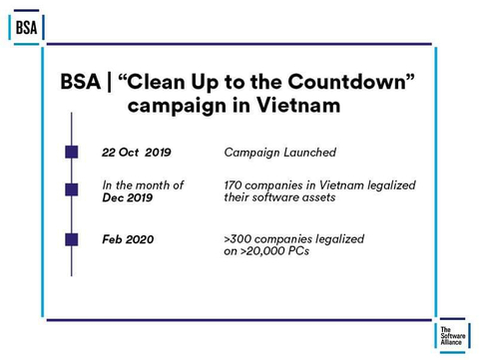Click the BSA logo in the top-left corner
tap(27, 27)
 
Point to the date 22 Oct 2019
tap(137, 153)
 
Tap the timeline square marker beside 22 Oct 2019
tap(72, 153)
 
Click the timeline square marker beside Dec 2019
tap(72, 189)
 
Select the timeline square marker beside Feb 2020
tap(72, 239)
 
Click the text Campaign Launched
tap(279, 153)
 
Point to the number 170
tap(238, 185)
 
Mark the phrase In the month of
tap(143, 185)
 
